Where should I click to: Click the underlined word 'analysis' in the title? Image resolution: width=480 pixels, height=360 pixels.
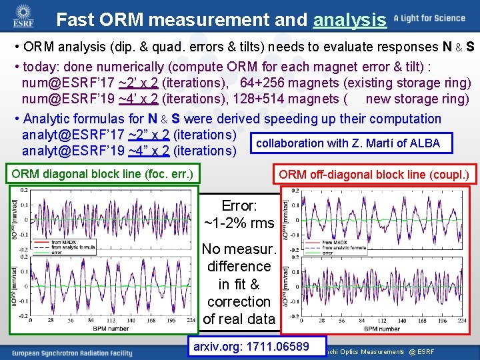349,20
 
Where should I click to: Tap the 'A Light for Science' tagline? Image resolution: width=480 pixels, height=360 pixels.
430,18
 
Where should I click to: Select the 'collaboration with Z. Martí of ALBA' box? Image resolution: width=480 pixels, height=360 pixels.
347,143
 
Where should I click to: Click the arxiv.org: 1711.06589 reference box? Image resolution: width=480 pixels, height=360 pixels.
251,346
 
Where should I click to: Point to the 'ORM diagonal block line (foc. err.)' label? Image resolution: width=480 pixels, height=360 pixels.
102,175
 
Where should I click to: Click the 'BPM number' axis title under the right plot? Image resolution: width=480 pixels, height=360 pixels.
382,329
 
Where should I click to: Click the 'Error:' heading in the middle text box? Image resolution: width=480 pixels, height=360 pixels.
239,205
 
